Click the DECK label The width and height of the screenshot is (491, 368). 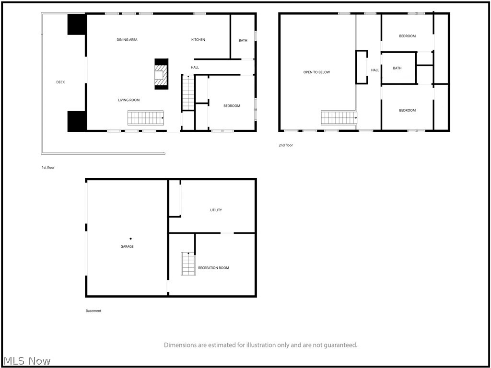[60, 82]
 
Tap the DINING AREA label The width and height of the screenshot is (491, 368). [127, 40]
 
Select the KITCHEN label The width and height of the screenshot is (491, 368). [198, 40]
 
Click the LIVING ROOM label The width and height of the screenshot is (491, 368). [129, 100]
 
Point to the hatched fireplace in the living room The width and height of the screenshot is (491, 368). [162, 74]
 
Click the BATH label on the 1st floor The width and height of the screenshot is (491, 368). [243, 40]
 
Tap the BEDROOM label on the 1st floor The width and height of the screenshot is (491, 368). [232, 106]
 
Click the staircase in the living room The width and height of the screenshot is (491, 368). [146, 118]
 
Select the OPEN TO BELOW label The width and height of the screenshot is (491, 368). [317, 72]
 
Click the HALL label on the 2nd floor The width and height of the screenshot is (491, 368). [375, 70]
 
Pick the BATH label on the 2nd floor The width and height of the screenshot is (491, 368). [397, 68]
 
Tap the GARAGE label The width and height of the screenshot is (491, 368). [127, 247]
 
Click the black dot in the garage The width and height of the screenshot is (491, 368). [130, 239]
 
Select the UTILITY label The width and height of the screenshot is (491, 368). [216, 210]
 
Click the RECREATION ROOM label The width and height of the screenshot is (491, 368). [213, 268]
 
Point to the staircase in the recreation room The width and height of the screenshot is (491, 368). [188, 264]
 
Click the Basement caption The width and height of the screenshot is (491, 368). [94, 311]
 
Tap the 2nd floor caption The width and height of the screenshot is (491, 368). [286, 145]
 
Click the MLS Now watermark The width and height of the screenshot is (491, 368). [25, 361]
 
